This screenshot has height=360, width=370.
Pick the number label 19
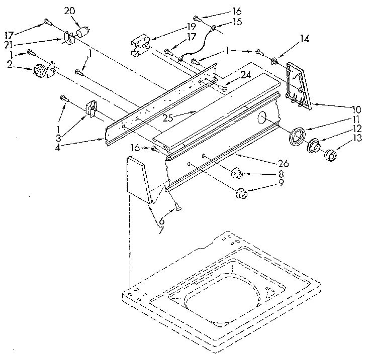pos(177,26)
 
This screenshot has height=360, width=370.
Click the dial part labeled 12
pos(314,146)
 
